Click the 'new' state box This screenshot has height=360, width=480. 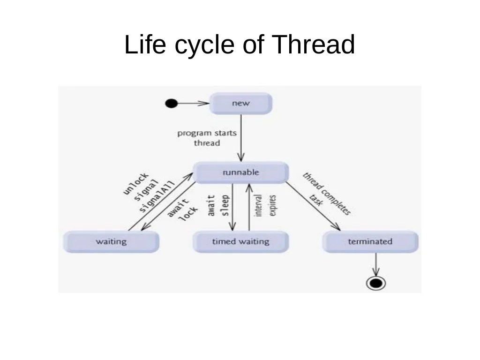[240, 104]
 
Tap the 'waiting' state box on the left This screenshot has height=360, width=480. [111, 242]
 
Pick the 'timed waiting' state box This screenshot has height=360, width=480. [240, 242]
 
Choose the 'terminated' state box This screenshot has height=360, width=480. [370, 242]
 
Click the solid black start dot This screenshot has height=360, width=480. [172, 104]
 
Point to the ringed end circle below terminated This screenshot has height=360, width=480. [375, 283]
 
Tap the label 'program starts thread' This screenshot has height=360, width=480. [207, 138]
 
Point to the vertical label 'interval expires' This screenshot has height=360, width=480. [265, 205]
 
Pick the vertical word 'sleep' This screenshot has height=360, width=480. [225, 206]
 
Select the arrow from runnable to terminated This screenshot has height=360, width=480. [313, 206]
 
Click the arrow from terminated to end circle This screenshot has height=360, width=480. [375, 265]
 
